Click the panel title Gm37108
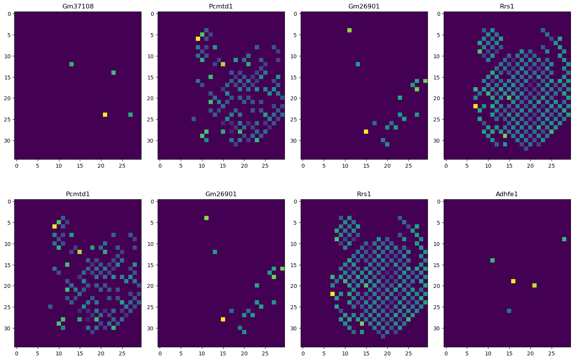pyautogui.click(x=78, y=6)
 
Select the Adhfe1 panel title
pyautogui.click(x=507, y=194)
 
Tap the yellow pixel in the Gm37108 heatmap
pyautogui.click(x=105, y=115)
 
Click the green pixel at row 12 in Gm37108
pyautogui.click(x=71, y=64)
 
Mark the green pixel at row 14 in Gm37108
pyautogui.click(x=114, y=72)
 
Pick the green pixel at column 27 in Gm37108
pyautogui.click(x=130, y=115)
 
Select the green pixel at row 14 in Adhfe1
pyautogui.click(x=492, y=261)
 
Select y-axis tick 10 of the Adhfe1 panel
pyautogui.click(x=438, y=244)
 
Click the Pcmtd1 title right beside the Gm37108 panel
pyautogui.click(x=221, y=6)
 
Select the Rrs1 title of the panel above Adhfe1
pyautogui.click(x=507, y=6)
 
